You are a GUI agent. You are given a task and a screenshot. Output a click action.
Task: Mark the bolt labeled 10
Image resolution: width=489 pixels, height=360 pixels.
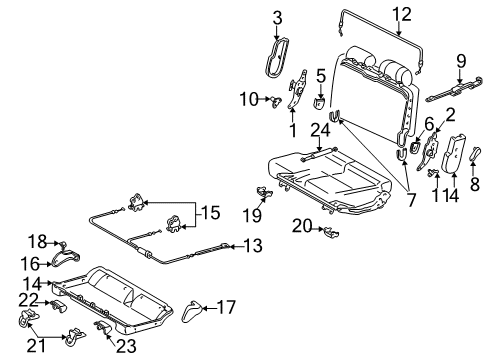(272, 99)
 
